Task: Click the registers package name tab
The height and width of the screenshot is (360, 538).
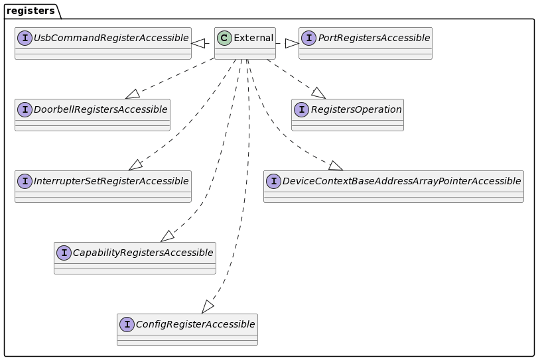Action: click(x=31, y=11)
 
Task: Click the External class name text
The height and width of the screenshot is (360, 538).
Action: click(x=253, y=38)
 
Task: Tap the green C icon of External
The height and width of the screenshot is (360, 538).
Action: click(x=225, y=38)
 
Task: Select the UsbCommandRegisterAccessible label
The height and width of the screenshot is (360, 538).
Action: click(x=111, y=38)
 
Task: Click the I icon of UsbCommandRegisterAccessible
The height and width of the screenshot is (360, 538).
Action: click(x=25, y=38)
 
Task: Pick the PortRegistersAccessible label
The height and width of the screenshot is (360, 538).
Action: click(x=374, y=38)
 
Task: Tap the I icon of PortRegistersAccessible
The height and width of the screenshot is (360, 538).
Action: click(x=308, y=38)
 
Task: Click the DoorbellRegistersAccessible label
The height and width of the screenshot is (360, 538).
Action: click(x=100, y=109)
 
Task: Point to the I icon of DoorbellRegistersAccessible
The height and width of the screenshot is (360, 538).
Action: click(x=25, y=109)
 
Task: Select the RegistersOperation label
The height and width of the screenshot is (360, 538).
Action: click(x=356, y=109)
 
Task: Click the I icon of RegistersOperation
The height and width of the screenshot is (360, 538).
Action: click(x=301, y=109)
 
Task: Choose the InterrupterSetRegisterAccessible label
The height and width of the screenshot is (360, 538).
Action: click(x=111, y=181)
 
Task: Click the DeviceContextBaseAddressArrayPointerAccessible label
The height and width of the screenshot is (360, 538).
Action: click(x=401, y=181)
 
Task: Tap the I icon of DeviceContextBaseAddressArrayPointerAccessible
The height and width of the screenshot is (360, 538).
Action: click(x=273, y=181)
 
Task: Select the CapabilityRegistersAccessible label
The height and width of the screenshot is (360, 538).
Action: click(x=143, y=253)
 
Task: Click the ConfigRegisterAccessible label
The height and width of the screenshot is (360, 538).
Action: click(x=195, y=324)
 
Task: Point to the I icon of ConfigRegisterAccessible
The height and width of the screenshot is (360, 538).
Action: click(x=127, y=324)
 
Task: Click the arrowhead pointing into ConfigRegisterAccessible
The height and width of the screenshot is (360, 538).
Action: click(x=208, y=307)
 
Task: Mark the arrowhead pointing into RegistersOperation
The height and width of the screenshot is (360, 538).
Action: click(x=318, y=93)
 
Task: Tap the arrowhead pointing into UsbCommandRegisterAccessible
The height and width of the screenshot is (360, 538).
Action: click(x=198, y=43)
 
